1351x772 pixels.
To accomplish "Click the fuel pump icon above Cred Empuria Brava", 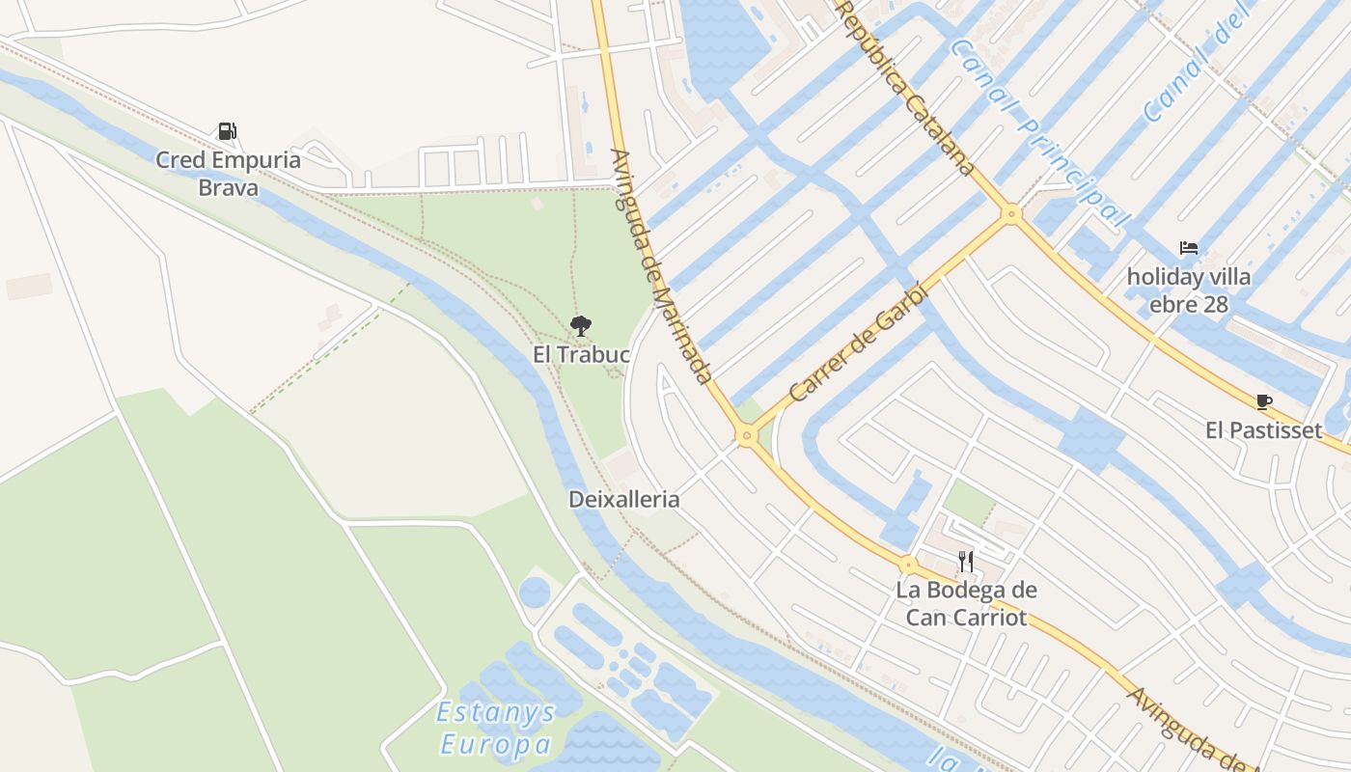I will point(227,131).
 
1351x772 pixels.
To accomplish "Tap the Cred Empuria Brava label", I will point(229,173).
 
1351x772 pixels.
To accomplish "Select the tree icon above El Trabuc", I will point(581,326).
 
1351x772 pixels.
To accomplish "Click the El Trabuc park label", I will point(581,355).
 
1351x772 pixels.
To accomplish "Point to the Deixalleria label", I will point(624,500).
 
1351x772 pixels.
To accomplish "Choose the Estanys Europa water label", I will point(496,729).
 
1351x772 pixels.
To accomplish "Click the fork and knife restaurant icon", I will point(965,561).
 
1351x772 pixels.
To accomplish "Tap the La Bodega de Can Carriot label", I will point(966,603).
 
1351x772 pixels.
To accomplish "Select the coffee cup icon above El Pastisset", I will point(1264,401).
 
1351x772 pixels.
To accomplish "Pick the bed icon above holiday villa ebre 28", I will point(1189,248).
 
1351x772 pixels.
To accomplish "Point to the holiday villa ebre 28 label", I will point(1189,290).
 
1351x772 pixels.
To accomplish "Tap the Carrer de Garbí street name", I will point(858,343).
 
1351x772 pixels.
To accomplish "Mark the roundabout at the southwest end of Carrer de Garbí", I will point(745,437).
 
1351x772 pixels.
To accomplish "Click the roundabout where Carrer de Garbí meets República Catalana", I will point(1011,213).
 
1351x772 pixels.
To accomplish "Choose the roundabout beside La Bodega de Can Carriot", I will point(908,565).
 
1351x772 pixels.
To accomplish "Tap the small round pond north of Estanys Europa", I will point(534,592).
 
